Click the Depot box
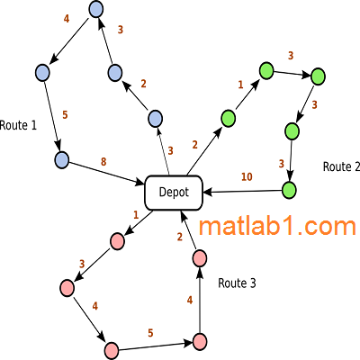click(x=174, y=193)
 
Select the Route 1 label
click(x=18, y=125)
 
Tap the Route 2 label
click(x=341, y=166)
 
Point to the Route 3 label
click(x=237, y=283)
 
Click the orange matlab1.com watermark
click(x=277, y=226)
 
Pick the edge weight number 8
click(x=103, y=162)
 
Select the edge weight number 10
click(x=247, y=177)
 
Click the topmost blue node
click(x=96, y=9)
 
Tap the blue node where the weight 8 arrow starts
click(x=62, y=160)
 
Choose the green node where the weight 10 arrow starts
click(x=289, y=190)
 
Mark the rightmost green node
click(x=318, y=76)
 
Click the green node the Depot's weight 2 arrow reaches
click(x=228, y=119)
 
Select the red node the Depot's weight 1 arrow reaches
click(x=117, y=242)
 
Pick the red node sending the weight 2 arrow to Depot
click(x=199, y=258)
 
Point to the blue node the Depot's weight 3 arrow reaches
click(x=156, y=119)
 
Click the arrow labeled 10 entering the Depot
click(x=242, y=192)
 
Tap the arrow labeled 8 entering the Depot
click(x=106, y=173)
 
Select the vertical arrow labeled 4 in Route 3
click(x=199, y=300)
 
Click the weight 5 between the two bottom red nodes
click(x=150, y=333)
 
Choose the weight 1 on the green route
click(x=240, y=85)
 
